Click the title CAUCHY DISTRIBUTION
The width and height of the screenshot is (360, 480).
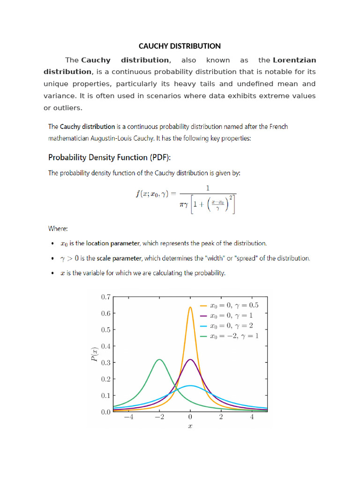click(x=180, y=46)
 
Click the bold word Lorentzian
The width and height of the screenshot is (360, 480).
click(x=294, y=60)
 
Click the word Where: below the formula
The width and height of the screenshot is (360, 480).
click(x=58, y=229)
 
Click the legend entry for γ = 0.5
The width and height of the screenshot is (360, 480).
click(x=230, y=305)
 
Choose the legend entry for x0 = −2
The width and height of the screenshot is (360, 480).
click(x=230, y=336)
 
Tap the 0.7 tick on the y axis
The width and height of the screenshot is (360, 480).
click(x=105, y=297)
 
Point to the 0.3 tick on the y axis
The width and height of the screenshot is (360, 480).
click(x=105, y=363)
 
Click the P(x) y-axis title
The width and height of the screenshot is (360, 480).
click(x=95, y=355)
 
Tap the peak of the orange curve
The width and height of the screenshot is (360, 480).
click(x=190, y=307)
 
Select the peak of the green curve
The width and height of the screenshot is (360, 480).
click(x=159, y=360)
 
